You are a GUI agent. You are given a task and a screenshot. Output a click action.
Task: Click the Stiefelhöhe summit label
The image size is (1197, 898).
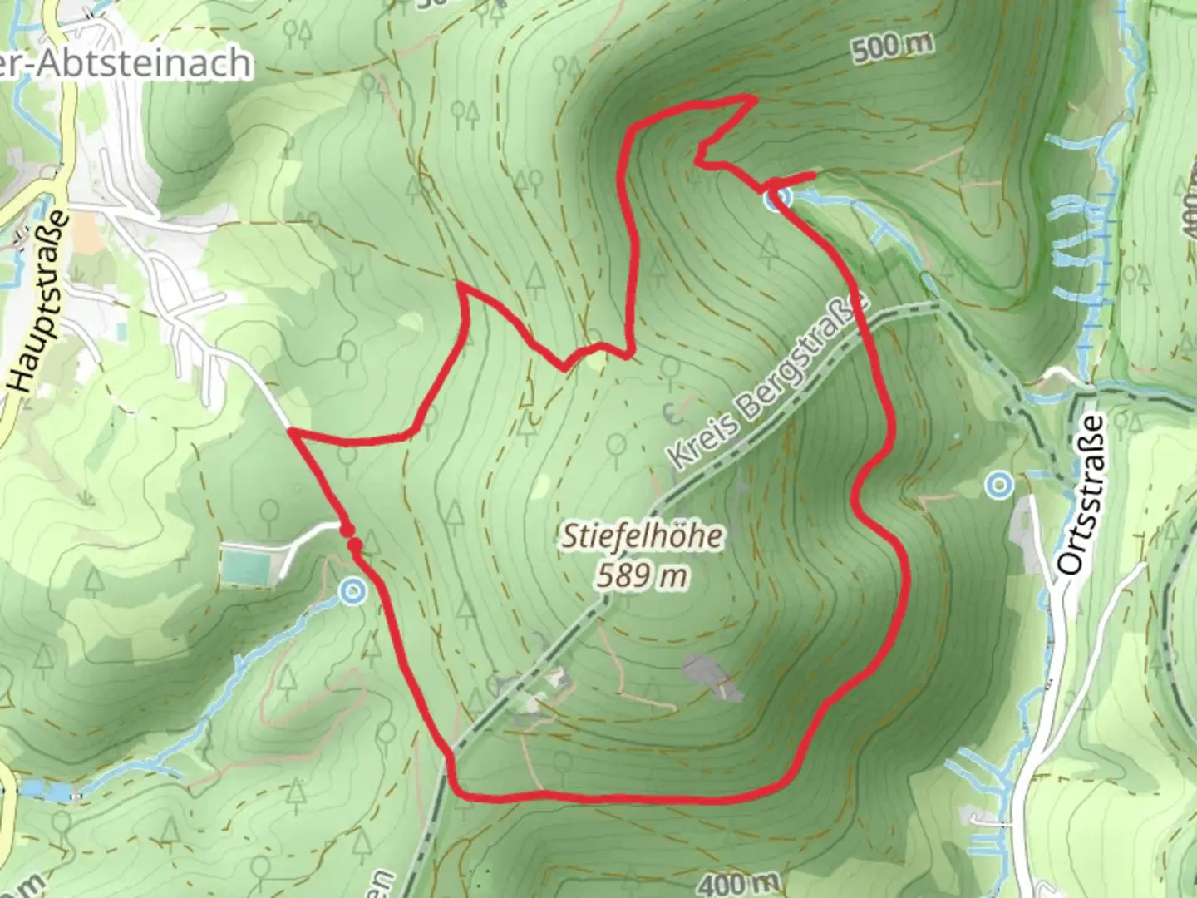click(642, 536)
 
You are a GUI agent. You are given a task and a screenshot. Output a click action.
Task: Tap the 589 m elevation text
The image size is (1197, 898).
click(642, 575)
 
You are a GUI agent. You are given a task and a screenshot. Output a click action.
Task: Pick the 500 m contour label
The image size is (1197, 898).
click(891, 47)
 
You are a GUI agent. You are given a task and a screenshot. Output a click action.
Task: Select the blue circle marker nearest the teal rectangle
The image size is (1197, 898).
click(353, 592)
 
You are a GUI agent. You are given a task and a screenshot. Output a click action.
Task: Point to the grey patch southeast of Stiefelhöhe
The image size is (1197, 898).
click(709, 676)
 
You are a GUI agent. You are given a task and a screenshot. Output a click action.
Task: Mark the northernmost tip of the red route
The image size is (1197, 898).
click(753, 98)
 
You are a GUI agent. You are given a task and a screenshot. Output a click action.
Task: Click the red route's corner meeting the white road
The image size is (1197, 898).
click(288, 431)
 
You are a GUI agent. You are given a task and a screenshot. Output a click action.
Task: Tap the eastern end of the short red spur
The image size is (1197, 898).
click(812, 175)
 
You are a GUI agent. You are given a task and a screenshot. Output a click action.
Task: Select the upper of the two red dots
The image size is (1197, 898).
click(347, 529)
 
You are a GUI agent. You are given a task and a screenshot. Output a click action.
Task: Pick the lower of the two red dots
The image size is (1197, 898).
click(355, 545)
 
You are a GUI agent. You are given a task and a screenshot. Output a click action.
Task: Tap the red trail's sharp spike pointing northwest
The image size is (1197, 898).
click(460, 286)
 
